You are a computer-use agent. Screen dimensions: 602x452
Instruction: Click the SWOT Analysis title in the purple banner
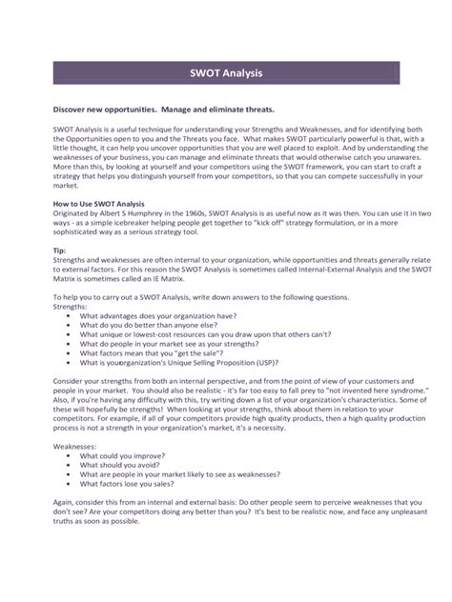click(x=225, y=72)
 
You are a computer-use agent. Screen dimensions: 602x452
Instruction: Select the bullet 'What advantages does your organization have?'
click(x=158, y=316)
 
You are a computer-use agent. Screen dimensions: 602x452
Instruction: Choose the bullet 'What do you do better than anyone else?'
click(x=151, y=326)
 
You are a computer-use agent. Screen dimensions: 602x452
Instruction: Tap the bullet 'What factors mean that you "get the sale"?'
click(x=155, y=352)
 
